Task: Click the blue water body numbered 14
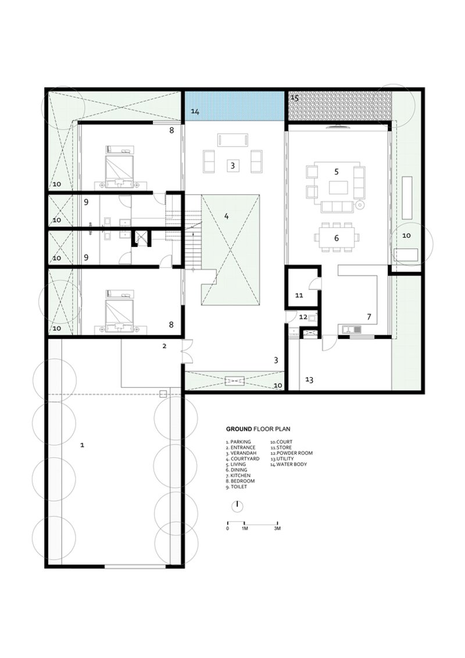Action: [234, 106]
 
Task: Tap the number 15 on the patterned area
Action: [294, 98]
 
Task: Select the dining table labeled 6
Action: [337, 238]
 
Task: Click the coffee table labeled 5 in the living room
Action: [338, 187]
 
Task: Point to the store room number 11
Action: [299, 295]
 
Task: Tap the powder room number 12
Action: [303, 317]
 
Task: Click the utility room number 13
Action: [309, 380]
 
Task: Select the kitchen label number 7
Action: [369, 317]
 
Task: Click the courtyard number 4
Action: [227, 217]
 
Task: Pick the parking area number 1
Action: [83, 445]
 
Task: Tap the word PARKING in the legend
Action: [241, 442]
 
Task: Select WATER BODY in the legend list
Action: [291, 464]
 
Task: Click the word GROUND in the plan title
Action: [239, 430]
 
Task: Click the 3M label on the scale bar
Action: [277, 529]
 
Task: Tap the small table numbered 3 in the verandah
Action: [233, 166]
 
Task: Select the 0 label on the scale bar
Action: [227, 529]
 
